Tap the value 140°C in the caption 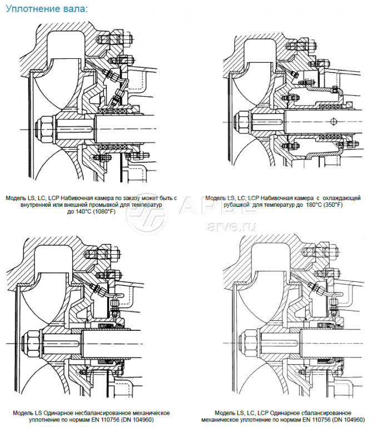[x=79, y=211]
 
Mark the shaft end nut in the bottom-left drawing [x=32, y=337]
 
